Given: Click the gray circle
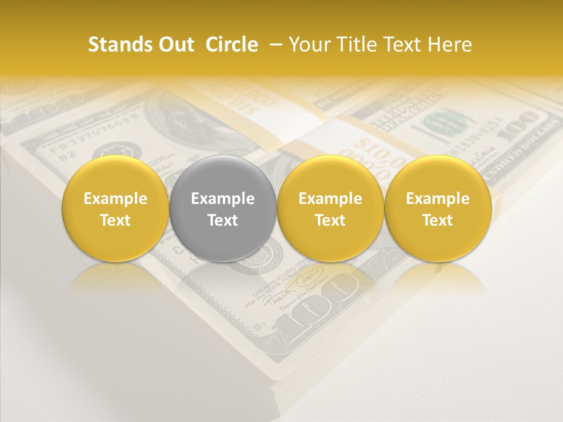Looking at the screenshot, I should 223,209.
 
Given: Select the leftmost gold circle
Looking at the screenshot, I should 115,209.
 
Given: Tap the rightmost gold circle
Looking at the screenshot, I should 437,209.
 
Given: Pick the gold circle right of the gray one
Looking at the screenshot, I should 330,209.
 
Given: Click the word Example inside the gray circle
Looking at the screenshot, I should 223,199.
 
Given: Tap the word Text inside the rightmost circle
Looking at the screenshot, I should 437,220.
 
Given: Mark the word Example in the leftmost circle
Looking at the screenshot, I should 115,199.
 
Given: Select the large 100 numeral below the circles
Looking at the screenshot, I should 320,305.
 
